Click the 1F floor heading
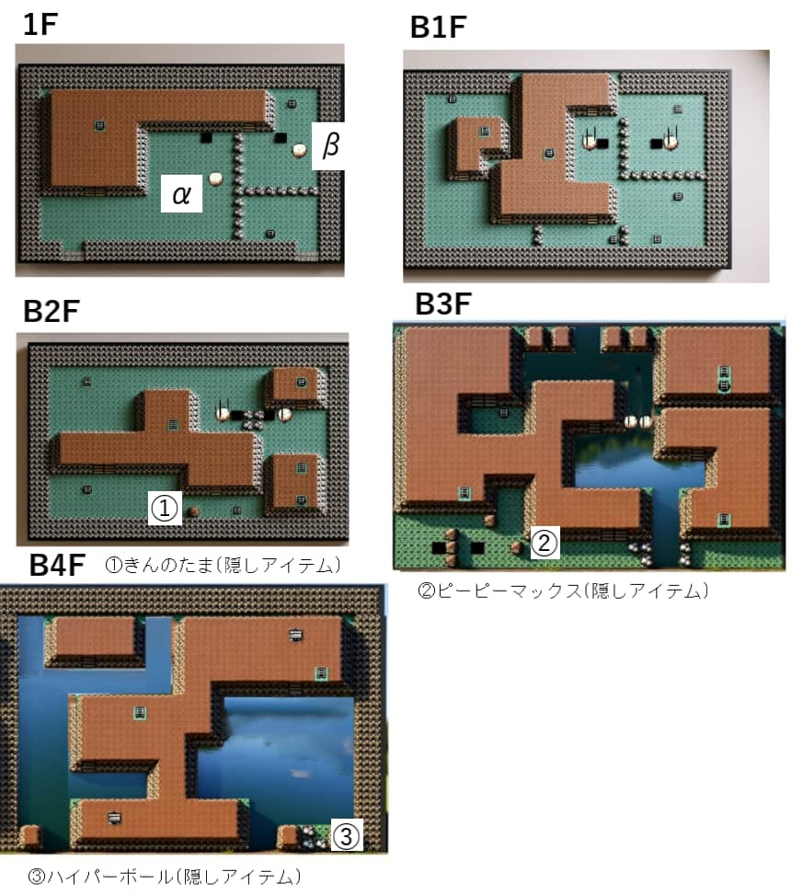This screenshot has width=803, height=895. [40, 25]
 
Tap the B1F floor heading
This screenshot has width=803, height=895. [438, 29]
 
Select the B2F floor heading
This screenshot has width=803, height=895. [51, 312]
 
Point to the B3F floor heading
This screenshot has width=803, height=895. [443, 304]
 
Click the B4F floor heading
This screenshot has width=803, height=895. [57, 565]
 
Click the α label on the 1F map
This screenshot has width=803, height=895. [181, 194]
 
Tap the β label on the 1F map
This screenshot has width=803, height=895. [331, 145]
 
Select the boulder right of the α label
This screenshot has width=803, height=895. [216, 178]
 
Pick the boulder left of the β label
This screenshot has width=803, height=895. [300, 149]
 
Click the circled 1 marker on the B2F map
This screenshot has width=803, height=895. [164, 508]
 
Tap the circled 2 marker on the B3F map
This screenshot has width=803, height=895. [544, 545]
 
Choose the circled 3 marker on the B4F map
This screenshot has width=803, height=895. [345, 836]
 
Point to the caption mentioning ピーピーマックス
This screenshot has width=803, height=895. [563, 591]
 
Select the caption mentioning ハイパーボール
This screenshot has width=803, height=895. [165, 877]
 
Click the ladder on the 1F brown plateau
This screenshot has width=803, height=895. [98, 125]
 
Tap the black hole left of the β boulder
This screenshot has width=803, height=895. [281, 138]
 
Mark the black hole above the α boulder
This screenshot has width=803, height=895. [206, 138]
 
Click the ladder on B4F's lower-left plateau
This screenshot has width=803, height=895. [114, 817]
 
